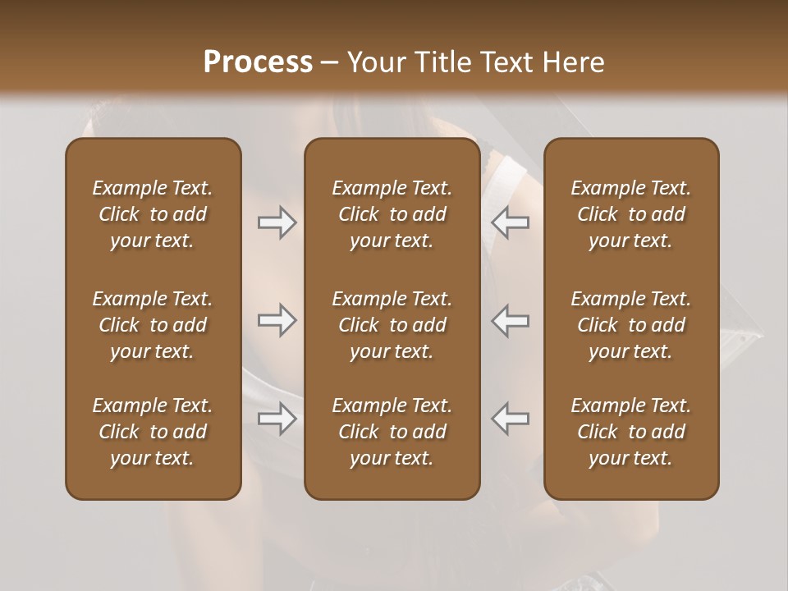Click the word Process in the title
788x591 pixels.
coord(258,62)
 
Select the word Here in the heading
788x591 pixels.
coord(573,62)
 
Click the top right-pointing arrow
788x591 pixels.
coord(277,222)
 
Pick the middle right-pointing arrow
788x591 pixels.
coord(277,320)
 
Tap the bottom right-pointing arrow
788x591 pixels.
coord(277,419)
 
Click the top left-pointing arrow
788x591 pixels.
coord(511,222)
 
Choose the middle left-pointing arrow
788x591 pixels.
coord(511,320)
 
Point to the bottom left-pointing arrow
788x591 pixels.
coord(511,419)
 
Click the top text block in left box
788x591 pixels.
coord(153,214)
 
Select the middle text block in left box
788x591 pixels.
coord(153,325)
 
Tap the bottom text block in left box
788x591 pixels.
coord(153,432)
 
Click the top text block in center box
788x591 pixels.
coord(392,214)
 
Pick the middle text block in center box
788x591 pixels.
coord(392,325)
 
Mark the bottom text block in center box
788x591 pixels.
coord(392,432)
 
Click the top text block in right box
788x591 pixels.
coord(630,214)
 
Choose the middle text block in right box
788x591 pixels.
coord(630,325)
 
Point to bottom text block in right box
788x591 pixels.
coord(630,432)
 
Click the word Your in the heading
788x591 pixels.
coord(375,62)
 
